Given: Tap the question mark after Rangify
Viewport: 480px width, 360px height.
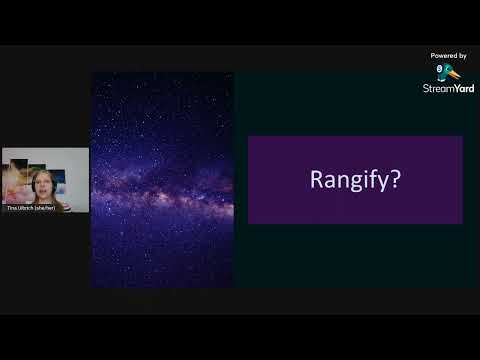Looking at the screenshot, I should (398, 180).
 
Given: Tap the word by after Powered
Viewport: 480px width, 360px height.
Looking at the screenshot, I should (463, 56).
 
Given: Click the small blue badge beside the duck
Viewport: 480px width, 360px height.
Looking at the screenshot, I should (437, 66).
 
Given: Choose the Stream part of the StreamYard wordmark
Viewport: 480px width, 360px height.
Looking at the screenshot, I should (438, 88).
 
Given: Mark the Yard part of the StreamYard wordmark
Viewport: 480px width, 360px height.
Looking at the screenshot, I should (464, 88).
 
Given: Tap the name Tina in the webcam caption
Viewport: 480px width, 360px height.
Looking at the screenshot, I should (10, 207).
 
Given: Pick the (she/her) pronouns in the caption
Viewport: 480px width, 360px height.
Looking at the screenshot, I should (45, 207).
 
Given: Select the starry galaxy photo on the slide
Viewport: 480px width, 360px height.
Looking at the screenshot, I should (163, 180).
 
